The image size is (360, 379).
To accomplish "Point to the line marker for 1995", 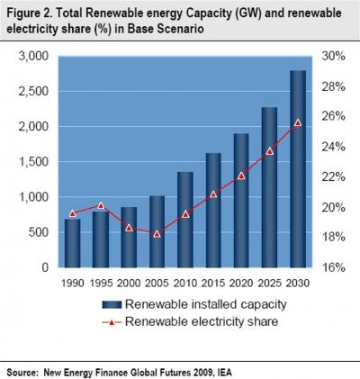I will (101, 206).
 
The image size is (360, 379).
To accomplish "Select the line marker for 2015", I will (213, 194).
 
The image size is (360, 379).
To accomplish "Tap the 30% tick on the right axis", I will (334, 56).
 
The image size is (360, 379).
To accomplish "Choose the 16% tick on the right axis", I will (334, 267).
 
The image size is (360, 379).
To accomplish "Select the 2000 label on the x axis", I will (129, 283).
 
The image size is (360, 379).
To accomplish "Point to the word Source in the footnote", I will (23, 368).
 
